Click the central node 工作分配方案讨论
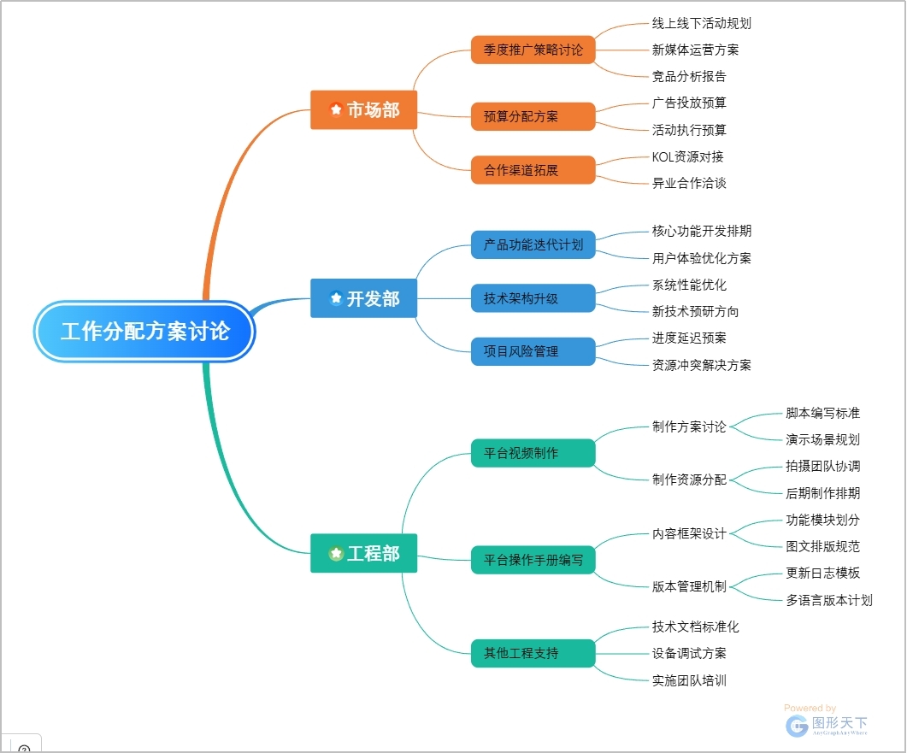point(145,331)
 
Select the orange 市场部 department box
point(363,109)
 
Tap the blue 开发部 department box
point(363,299)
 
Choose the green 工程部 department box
point(363,554)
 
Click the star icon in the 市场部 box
point(336,109)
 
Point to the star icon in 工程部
point(336,554)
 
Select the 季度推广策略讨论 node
point(533,50)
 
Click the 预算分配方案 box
point(533,116)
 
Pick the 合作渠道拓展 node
point(533,170)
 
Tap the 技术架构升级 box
point(533,298)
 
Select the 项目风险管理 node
point(533,351)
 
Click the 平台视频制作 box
point(533,453)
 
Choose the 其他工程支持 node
point(533,653)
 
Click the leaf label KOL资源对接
point(687,156)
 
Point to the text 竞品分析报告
point(689,76)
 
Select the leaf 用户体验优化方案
point(701,258)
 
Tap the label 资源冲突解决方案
point(701,365)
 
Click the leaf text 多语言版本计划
point(828,600)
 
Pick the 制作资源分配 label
point(689,479)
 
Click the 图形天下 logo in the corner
point(826,725)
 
